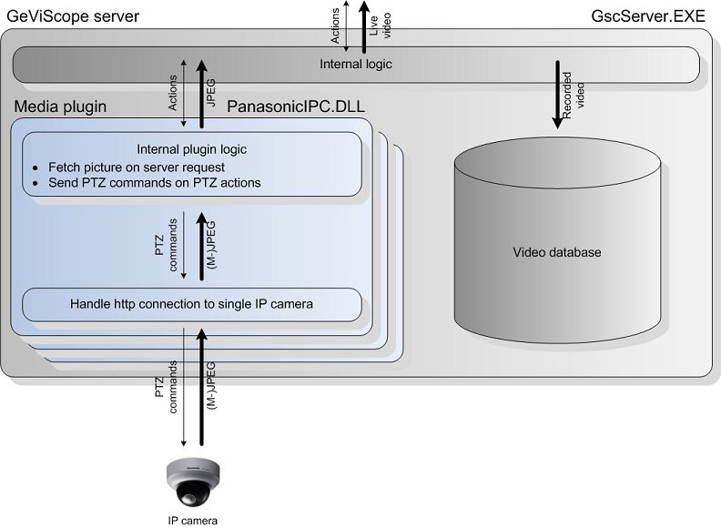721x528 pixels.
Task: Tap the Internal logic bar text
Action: (x=356, y=64)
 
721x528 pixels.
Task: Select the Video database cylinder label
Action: (x=556, y=252)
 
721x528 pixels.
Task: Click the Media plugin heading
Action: (x=60, y=107)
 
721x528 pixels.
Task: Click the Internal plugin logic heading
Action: (x=191, y=149)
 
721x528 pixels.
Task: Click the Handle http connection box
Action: (x=191, y=304)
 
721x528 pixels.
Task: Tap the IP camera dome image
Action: (x=194, y=481)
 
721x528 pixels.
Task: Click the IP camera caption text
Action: (x=194, y=521)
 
